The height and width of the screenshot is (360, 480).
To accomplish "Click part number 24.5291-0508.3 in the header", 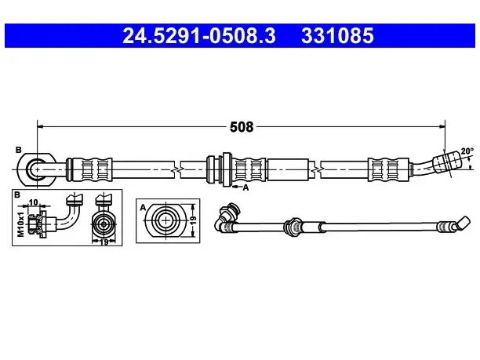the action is point(199,35).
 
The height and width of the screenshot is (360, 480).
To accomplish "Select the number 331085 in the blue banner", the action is point(337,35).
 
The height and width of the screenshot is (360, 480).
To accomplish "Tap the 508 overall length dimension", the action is point(242,127).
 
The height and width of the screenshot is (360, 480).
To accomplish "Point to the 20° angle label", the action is point(467,151).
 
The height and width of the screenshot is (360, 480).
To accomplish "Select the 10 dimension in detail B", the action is point(33,202).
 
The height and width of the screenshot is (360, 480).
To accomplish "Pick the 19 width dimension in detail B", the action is point(104,242).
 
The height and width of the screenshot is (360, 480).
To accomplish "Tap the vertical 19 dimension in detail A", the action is point(193,220).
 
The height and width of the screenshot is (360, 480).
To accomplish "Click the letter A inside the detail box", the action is point(143,208).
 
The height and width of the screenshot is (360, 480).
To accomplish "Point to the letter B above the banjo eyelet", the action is point(19,150).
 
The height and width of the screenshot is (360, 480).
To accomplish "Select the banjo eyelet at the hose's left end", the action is point(36,169).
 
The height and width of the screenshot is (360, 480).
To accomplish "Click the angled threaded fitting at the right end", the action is point(447,161).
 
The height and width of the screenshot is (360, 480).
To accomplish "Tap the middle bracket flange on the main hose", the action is point(227,169).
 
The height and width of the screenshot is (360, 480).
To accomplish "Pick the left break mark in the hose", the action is point(177,169).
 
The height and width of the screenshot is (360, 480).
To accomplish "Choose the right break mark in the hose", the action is point(315,169).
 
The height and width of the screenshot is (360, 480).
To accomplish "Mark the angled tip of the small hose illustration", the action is point(463,224).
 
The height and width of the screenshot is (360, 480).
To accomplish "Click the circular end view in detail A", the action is point(165,220).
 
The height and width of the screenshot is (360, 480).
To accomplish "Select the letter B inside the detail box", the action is point(16,195).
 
